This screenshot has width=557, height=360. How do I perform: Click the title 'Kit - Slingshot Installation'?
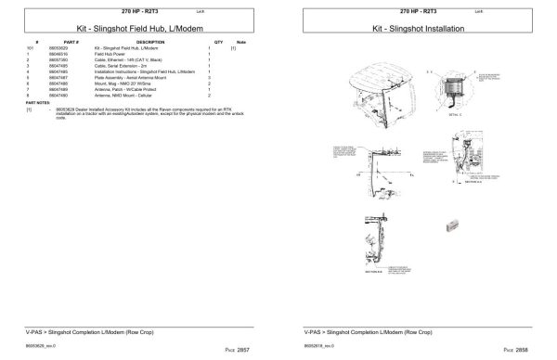point(418,29)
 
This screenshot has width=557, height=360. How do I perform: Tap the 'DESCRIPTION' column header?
point(149,42)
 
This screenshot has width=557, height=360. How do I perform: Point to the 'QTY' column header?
point(218,42)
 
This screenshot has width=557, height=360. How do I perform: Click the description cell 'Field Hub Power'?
point(110,54)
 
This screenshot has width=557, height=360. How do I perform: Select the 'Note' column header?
point(241,42)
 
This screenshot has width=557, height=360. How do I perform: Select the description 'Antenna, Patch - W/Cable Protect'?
point(127,89)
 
